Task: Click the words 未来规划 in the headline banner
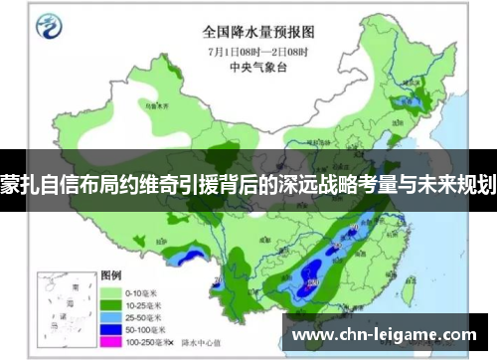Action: [460, 183]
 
